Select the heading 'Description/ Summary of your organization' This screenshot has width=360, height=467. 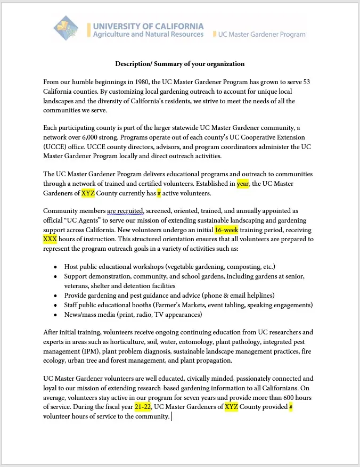click(180, 64)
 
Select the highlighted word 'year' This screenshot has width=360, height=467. click(243, 184)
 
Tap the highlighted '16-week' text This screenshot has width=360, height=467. click(226, 230)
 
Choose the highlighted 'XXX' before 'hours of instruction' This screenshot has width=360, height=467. click(50, 239)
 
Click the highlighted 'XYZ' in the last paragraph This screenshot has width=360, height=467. click(231, 407)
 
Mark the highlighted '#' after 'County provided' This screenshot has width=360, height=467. click(290, 407)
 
